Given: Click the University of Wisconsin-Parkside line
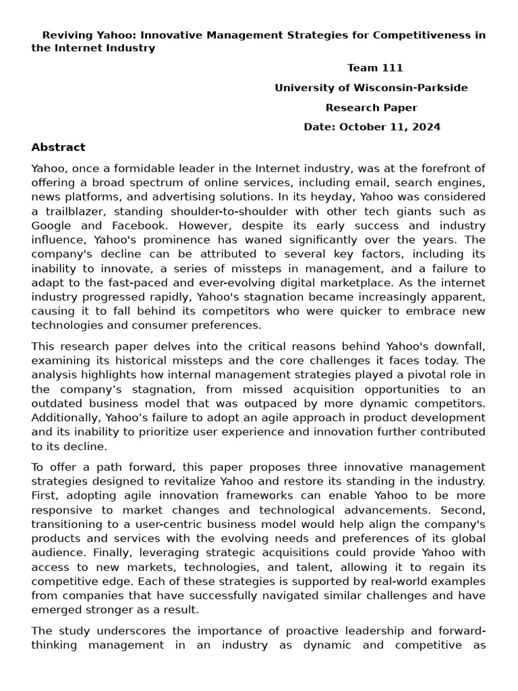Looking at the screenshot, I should pos(371,88).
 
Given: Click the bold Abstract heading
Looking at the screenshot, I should pos(59,147).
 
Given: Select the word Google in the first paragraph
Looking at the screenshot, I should pos(51,225).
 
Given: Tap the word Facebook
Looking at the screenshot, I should pos(138,225).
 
